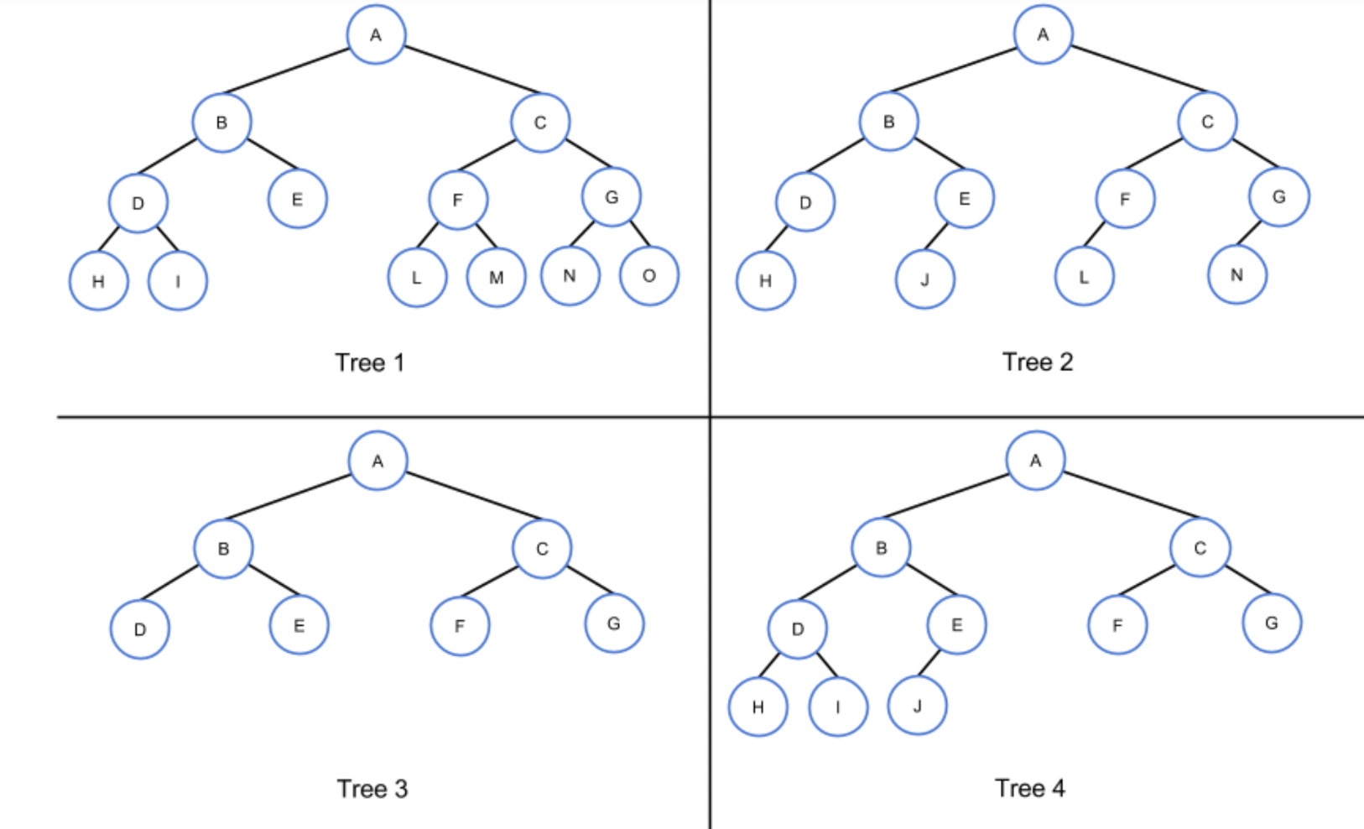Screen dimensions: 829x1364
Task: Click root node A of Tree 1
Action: (376, 35)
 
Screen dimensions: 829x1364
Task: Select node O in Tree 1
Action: (648, 276)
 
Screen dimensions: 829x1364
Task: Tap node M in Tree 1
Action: (496, 278)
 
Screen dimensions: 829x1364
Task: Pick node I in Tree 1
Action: (177, 281)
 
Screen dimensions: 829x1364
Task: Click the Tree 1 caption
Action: (369, 362)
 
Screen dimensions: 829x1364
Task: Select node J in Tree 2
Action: (924, 279)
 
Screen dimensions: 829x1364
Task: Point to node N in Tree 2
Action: (1236, 274)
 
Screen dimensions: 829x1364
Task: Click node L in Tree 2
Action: (1084, 277)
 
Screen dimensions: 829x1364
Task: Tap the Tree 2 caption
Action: (1038, 362)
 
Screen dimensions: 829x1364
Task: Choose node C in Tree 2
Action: (1207, 122)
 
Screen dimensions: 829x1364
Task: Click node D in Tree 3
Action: (140, 629)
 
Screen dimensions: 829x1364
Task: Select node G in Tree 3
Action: (614, 623)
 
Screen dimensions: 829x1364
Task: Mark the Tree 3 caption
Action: (372, 789)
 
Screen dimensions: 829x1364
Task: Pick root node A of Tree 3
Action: (377, 461)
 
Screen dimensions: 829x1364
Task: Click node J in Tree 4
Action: (917, 706)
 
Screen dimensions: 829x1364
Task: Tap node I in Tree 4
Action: (837, 706)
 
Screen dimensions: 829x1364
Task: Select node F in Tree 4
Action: (1117, 625)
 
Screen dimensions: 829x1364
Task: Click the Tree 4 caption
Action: (1029, 788)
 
